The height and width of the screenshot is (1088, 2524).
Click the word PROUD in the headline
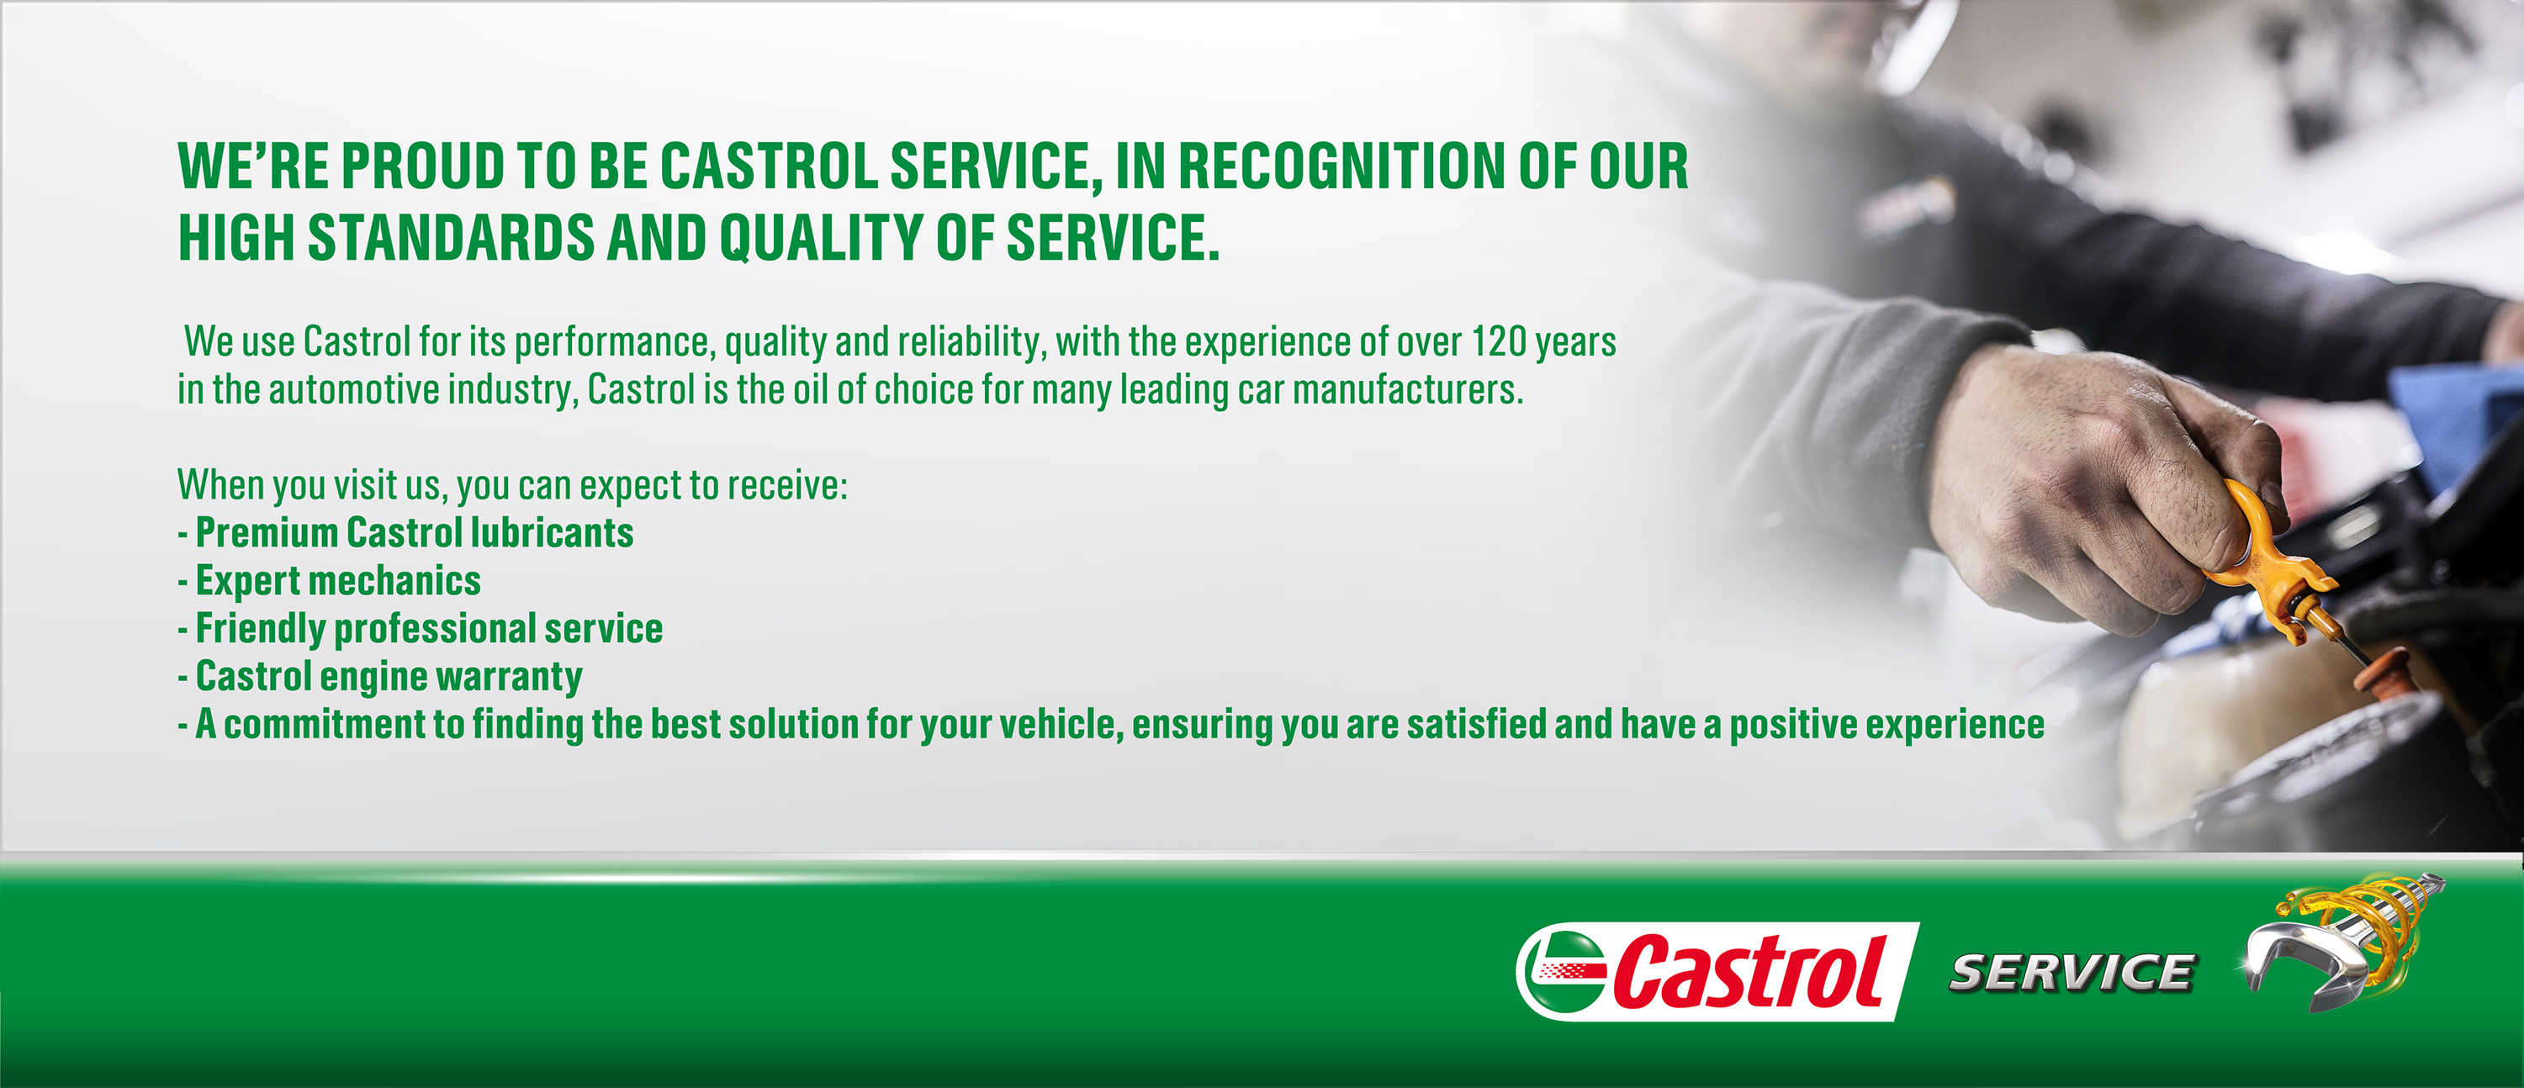[x=422, y=166]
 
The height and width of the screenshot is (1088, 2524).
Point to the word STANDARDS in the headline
[x=451, y=238]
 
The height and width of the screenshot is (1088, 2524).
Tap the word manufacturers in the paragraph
[x=1408, y=390]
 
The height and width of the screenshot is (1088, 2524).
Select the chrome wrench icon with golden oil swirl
[x=2341, y=940]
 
